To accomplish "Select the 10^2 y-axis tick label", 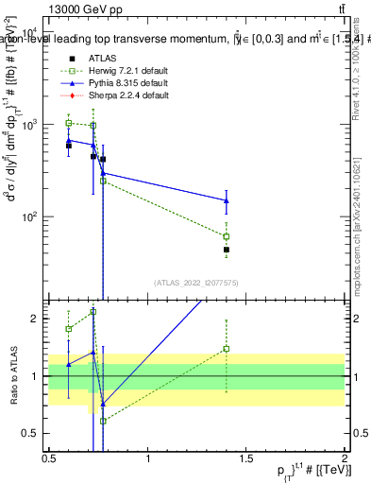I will pyautogui.click(x=29, y=216).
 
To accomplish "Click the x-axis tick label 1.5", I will pyautogui.click(x=246, y=458).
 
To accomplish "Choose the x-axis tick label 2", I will pyautogui.click(x=345, y=458).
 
